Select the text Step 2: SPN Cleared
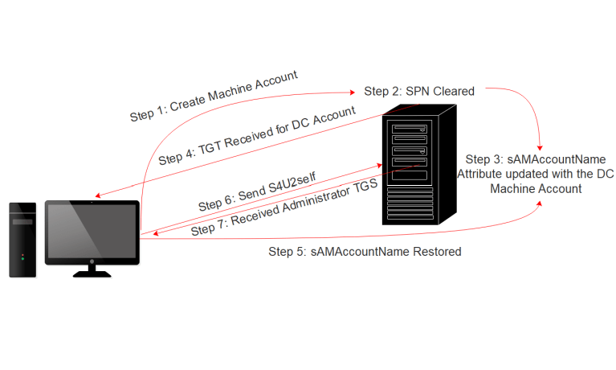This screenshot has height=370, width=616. (x=419, y=91)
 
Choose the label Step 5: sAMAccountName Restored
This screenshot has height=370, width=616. (x=365, y=252)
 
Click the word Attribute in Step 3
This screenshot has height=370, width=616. (x=482, y=173)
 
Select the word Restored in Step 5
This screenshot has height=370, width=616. (x=436, y=252)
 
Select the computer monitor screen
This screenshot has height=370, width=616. (x=92, y=231)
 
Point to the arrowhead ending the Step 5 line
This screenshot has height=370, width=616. (x=541, y=205)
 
